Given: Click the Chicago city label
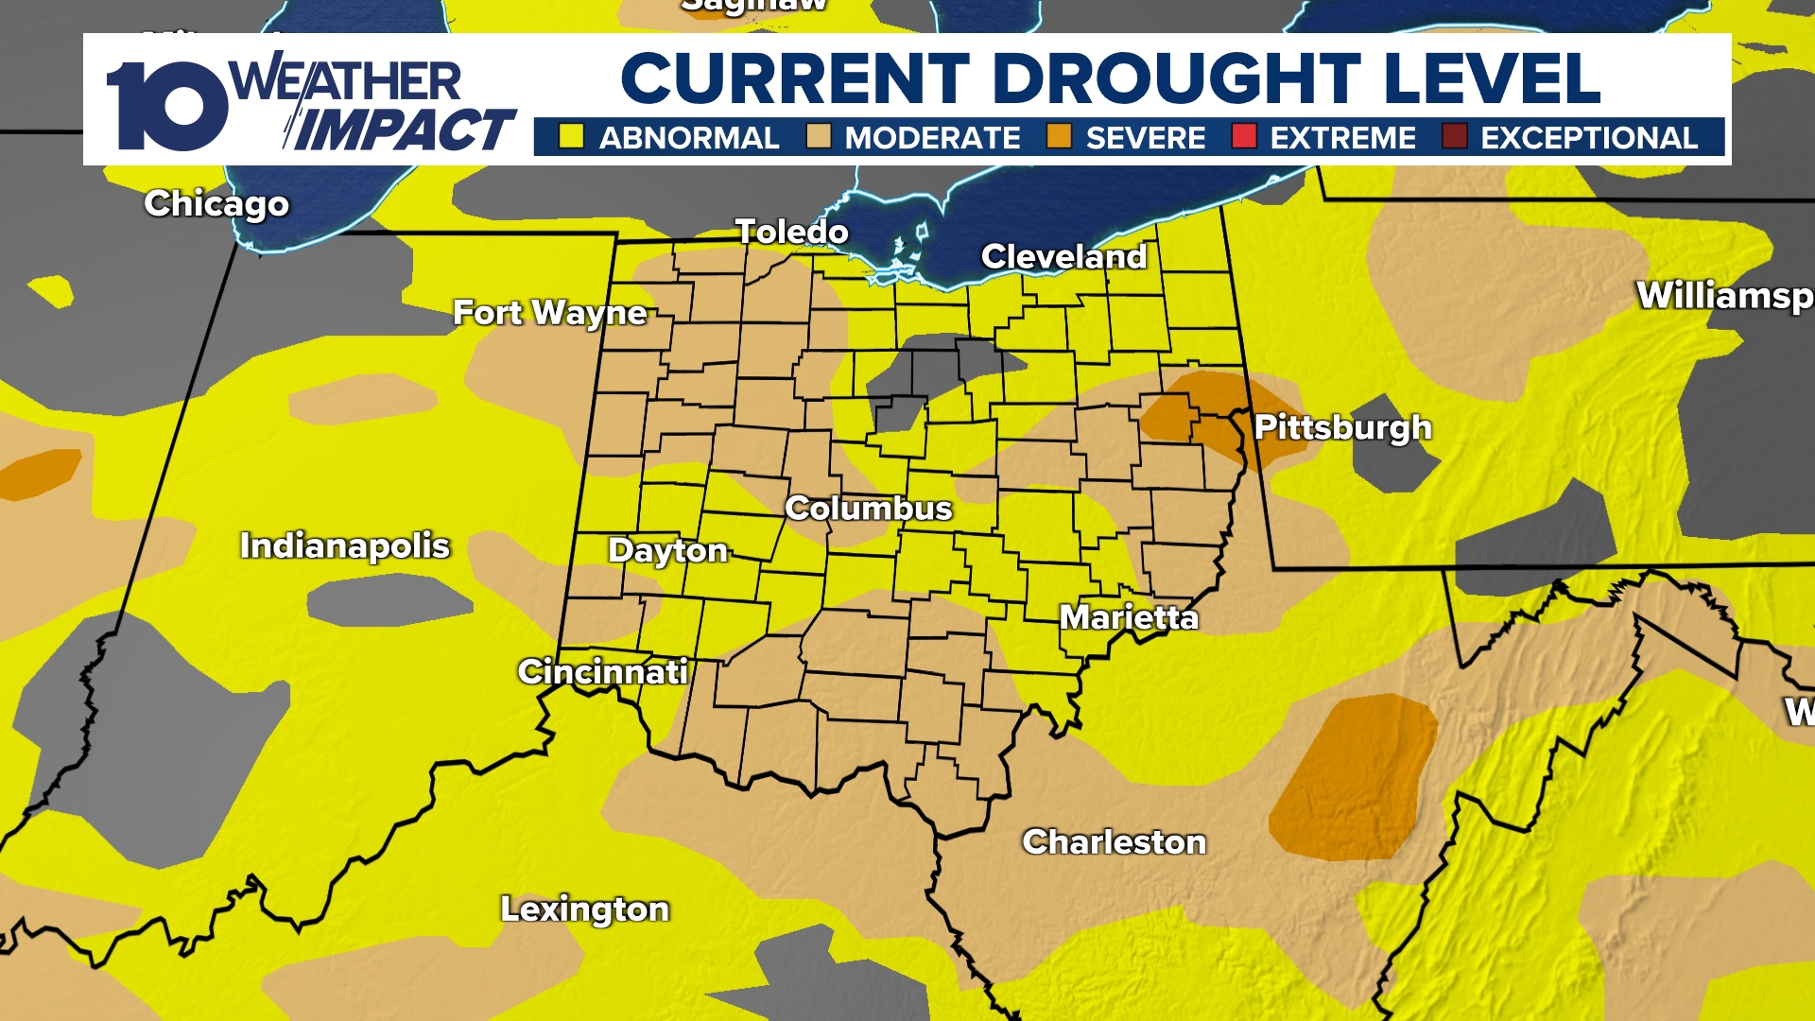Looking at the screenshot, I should click(x=216, y=203).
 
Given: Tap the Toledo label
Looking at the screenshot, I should click(x=792, y=232).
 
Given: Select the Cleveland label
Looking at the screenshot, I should click(x=1063, y=256).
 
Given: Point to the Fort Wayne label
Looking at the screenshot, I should click(x=549, y=312).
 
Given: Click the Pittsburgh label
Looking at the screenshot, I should click(x=1342, y=427).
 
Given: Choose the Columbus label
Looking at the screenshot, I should click(x=868, y=509).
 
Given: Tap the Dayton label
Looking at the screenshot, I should click(x=667, y=550).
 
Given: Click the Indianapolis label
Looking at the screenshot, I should click(x=344, y=545).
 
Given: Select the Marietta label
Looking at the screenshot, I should click(x=1129, y=617).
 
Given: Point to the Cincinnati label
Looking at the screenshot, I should click(x=602, y=671).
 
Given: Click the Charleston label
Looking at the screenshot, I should click(x=1115, y=841).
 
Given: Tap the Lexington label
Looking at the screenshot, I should click(x=584, y=909).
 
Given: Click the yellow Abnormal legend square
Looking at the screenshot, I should click(x=571, y=137).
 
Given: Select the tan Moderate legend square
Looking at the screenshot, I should click(x=819, y=137).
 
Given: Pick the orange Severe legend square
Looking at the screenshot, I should click(x=1059, y=137).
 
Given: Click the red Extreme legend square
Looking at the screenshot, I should click(x=1244, y=137).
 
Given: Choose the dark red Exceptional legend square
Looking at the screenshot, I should click(x=1454, y=137).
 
